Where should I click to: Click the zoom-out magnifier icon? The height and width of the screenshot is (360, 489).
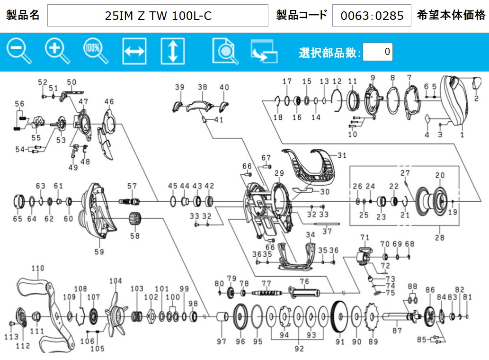19,51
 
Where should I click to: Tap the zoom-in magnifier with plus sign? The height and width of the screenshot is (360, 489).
57,51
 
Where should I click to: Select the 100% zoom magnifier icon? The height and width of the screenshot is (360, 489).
96,51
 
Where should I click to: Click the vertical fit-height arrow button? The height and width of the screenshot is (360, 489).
173,51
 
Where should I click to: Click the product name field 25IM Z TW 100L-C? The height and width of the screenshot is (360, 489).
158,15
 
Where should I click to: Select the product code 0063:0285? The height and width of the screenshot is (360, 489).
372,15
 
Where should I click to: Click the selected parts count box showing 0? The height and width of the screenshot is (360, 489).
378,52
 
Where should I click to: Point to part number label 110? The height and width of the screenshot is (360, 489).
38,268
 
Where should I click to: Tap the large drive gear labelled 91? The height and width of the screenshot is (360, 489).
339,316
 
